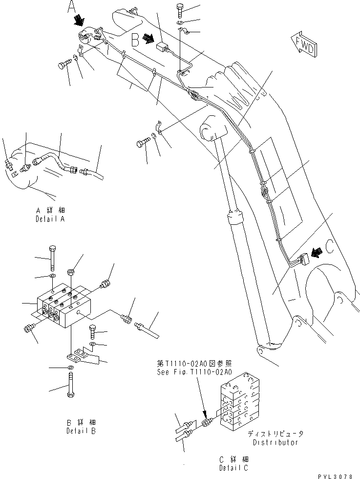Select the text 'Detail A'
pyautogui.click(x=50, y=216)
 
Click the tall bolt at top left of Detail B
pyautogui.click(x=53, y=258)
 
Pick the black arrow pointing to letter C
pyautogui.click(x=316, y=253)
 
